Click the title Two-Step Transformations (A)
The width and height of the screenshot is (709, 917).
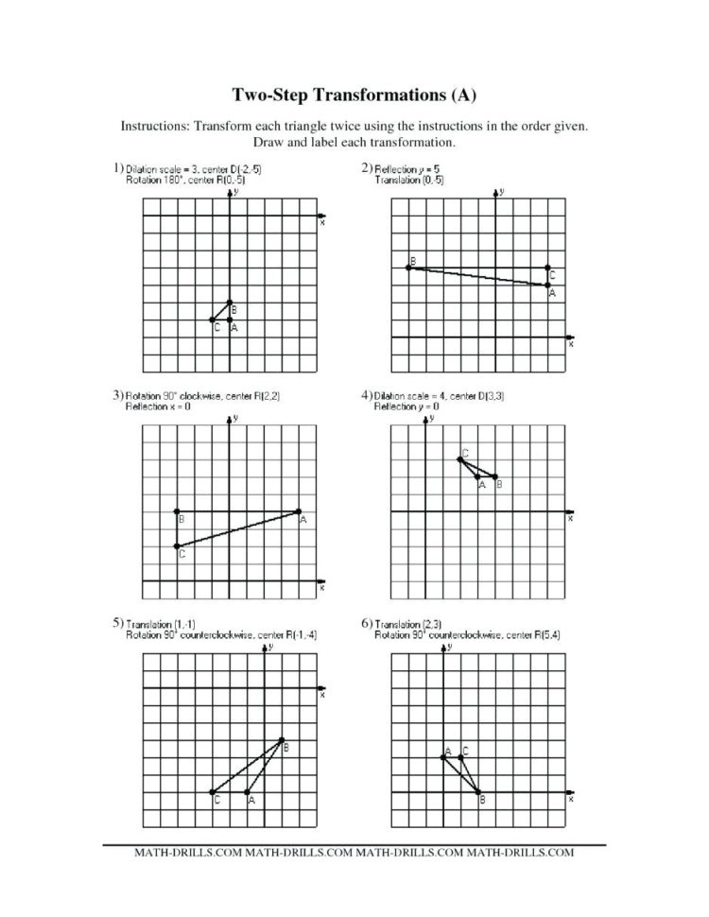pos(354,95)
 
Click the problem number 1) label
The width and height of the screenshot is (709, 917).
pos(117,167)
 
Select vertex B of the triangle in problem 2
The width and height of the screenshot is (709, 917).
pos(408,268)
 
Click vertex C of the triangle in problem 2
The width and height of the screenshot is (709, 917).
pos(548,268)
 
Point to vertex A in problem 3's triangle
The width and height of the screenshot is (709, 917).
pos(299,511)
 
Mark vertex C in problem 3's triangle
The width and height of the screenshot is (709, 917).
pos(177,546)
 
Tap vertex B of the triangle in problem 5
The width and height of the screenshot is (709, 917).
pos(282,739)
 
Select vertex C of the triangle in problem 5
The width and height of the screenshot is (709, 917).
pos(212,792)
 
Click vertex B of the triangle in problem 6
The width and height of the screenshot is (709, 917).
pos(478,792)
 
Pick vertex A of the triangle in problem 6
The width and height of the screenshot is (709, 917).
pos(443,757)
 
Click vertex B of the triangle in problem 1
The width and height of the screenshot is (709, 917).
pos(230,303)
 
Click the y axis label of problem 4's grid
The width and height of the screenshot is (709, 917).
pos(431,417)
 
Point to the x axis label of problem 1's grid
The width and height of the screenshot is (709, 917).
pos(322,224)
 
